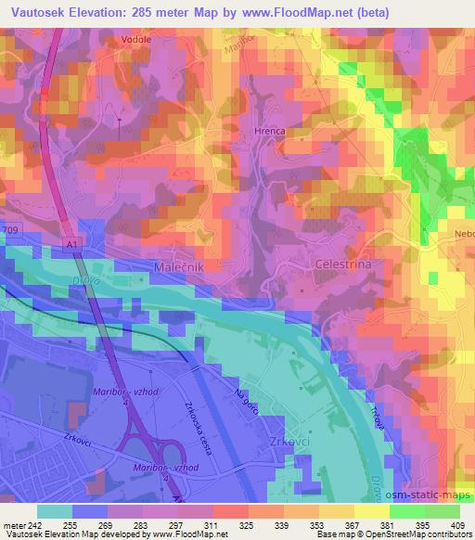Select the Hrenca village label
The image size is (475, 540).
click(x=268, y=134)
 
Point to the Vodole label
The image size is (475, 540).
click(x=135, y=41)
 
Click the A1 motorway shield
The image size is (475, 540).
click(x=72, y=242)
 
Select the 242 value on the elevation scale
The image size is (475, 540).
click(x=35, y=524)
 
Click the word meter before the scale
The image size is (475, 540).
click(x=13, y=524)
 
